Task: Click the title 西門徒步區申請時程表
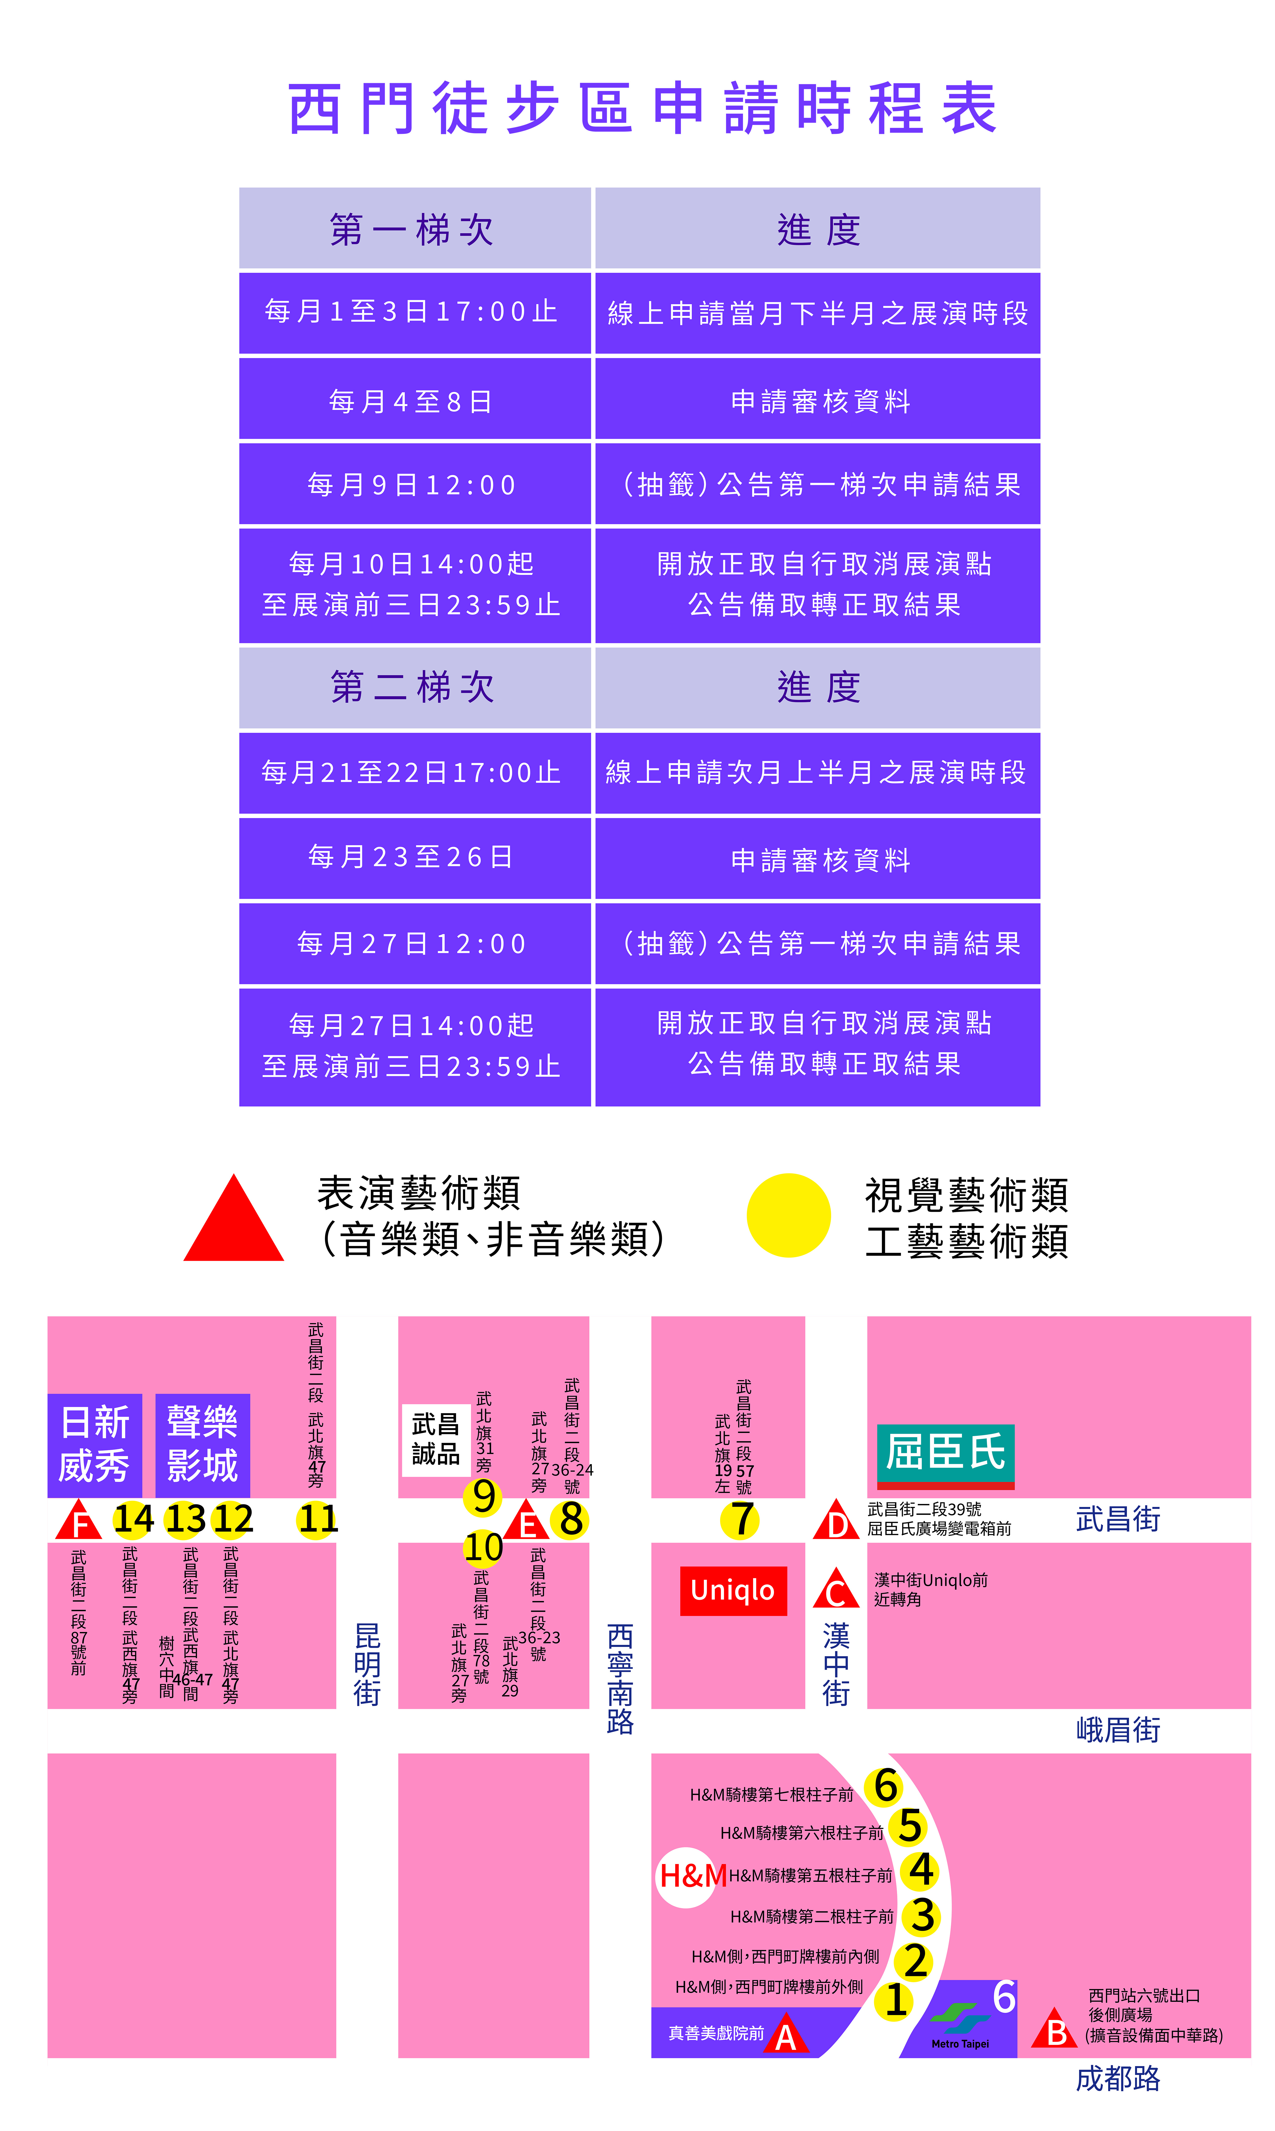click(x=643, y=109)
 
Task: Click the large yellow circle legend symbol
click(x=789, y=1215)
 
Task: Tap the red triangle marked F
click(x=79, y=1521)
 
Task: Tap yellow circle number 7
click(x=741, y=1519)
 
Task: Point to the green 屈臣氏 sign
click(x=945, y=1457)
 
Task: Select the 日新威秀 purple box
click(x=95, y=1445)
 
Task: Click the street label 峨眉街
click(x=1118, y=1730)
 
